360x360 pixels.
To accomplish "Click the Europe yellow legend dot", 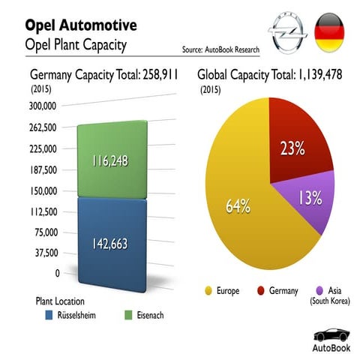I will tap(210, 291).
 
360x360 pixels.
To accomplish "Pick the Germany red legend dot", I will tap(262, 291).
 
